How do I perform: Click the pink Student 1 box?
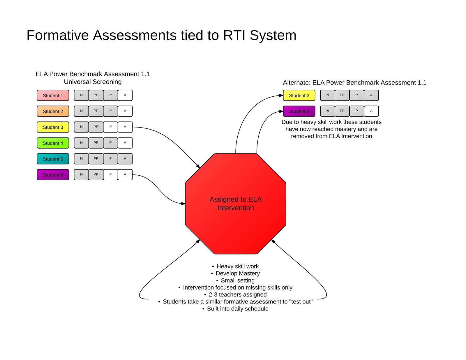[53, 95]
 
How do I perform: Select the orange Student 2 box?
[53, 111]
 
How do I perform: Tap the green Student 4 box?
[53, 143]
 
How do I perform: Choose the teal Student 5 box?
[53, 159]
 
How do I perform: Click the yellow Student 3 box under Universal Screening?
[53, 127]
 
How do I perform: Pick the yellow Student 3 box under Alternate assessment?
[299, 95]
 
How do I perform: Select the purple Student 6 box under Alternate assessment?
[299, 111]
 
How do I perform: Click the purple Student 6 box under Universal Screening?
[53, 175]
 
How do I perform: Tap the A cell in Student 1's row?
[125, 95]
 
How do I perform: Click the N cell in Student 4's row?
[81, 143]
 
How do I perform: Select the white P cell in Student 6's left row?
[110, 174]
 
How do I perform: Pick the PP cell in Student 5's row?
[96, 158]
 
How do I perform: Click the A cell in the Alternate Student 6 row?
[371, 111]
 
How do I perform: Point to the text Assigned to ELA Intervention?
[235, 203]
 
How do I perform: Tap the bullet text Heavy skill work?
[237, 266]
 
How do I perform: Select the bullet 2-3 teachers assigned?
[237, 294]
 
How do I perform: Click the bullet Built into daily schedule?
[237, 309]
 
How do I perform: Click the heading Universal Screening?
[93, 82]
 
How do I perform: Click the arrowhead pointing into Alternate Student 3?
[281, 95]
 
